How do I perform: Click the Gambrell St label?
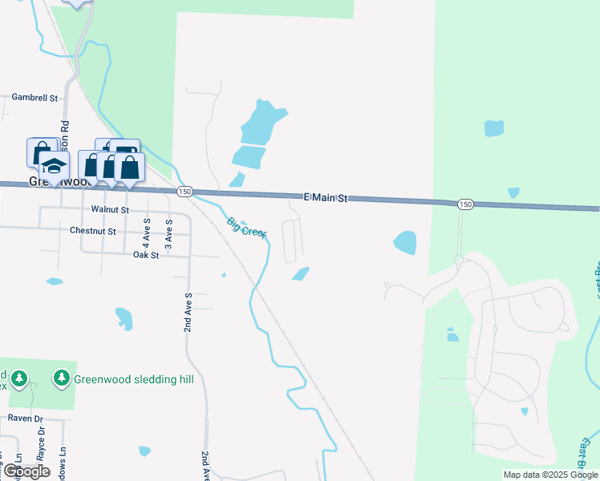tap(35, 98)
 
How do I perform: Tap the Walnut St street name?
tap(110, 209)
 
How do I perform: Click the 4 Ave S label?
tap(147, 232)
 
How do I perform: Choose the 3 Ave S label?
tap(168, 232)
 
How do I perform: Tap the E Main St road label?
tap(326, 198)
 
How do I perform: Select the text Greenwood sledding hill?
tap(134, 378)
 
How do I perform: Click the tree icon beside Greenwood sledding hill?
tap(62, 377)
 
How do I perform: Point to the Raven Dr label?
tap(25, 418)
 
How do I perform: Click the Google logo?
tap(26, 471)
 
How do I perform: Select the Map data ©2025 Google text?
tap(550, 475)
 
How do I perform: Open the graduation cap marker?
tap(55, 166)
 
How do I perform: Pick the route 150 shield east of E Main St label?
tap(465, 204)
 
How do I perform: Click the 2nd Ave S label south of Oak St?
tap(187, 313)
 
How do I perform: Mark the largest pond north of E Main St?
tap(262, 123)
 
